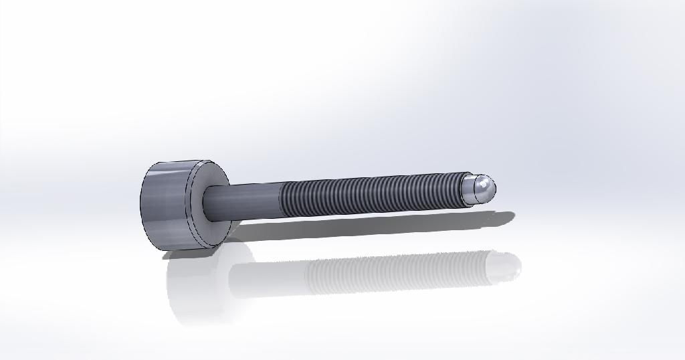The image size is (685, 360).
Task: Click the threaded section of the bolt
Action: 368,194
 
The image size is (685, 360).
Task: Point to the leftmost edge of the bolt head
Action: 141,204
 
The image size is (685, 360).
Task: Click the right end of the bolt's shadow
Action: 511,215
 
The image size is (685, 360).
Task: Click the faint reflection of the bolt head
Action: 194,288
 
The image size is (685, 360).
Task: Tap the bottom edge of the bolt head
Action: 187,251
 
